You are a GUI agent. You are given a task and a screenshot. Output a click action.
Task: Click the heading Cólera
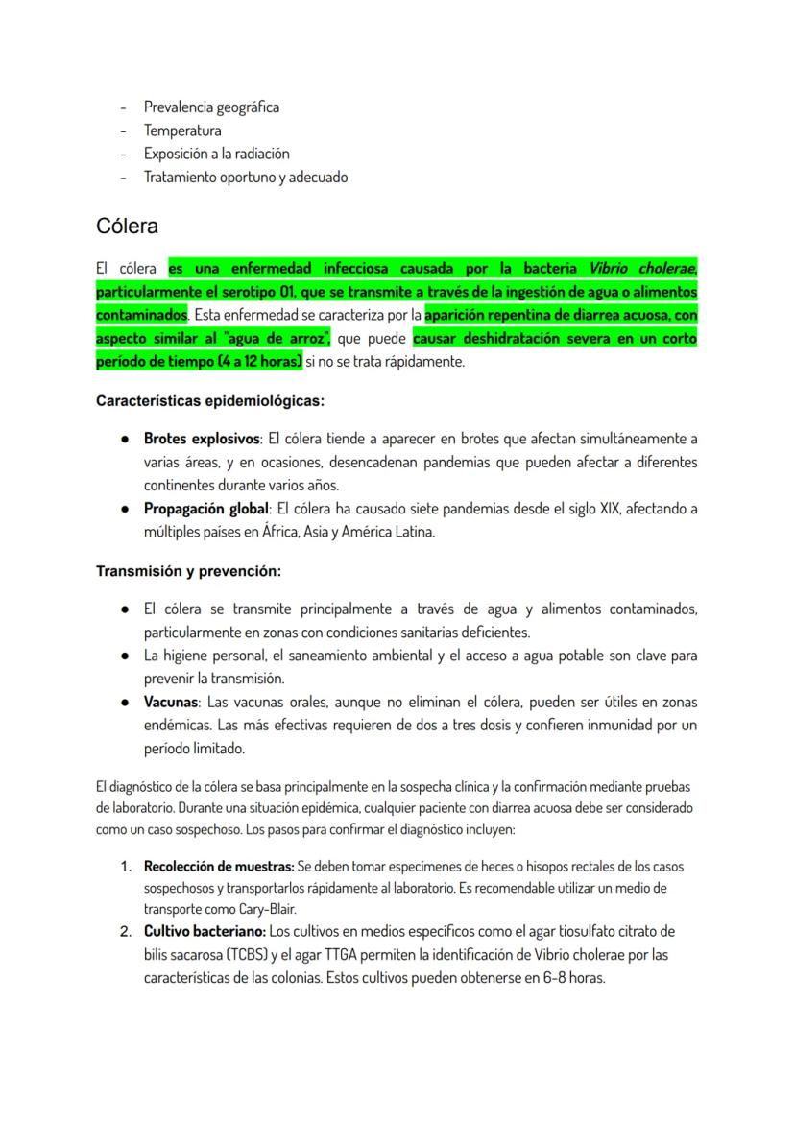127,227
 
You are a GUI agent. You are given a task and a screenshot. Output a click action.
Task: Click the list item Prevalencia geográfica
211,107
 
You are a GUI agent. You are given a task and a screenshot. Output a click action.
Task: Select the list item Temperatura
182,130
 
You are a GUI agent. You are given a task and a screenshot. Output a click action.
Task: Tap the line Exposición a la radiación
216,153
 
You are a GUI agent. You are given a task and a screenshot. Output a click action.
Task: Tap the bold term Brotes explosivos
202,439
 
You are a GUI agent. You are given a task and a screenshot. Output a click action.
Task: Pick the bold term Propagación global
205,508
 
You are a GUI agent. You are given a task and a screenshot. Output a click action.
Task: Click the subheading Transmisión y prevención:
188,571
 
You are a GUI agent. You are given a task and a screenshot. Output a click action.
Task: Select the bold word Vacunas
172,702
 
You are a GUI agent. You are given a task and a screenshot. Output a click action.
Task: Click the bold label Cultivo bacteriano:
204,931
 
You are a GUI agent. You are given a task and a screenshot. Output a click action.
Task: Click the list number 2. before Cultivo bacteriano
125,931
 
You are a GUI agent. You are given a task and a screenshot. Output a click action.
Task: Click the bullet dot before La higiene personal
126,656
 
